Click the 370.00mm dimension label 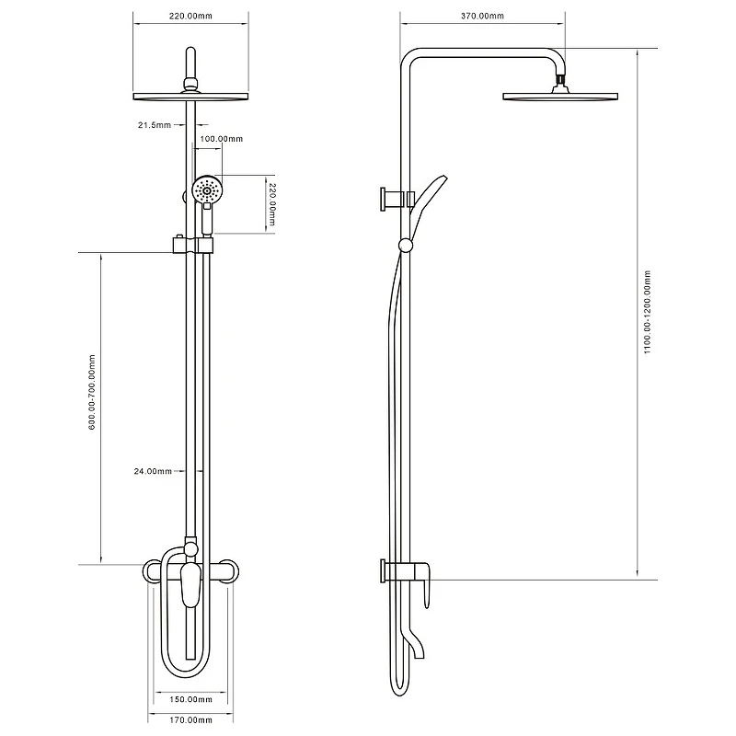coord(482,16)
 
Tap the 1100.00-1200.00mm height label coord(648,312)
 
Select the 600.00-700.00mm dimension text coord(92,393)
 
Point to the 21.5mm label coord(155,125)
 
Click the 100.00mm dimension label coord(222,139)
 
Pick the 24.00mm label coord(153,471)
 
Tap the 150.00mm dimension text coord(190,699)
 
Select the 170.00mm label coord(190,719)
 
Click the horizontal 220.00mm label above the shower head coord(190,16)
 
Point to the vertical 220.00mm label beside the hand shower coord(270,204)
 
